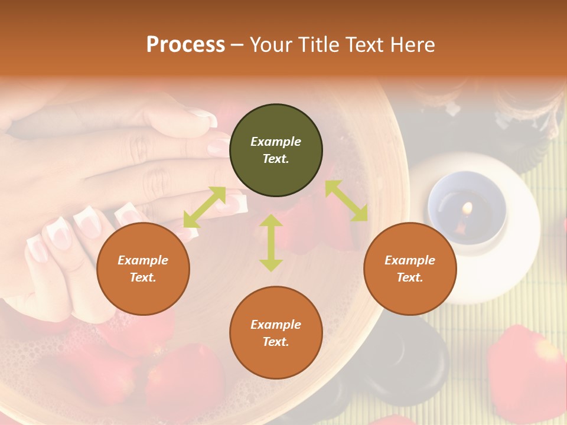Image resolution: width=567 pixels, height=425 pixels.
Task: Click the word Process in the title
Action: tap(185, 45)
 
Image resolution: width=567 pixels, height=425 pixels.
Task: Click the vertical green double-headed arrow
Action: tap(271, 243)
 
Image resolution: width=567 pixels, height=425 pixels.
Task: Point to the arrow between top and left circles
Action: tap(204, 207)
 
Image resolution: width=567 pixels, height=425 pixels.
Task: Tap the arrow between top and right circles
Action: tap(346, 201)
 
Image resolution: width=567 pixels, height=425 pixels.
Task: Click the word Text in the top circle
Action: tap(276, 159)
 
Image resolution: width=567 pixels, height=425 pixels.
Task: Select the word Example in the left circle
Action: tap(143, 260)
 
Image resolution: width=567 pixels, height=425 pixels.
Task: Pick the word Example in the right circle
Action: tap(410, 260)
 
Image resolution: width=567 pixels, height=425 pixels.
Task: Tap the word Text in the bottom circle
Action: tap(276, 342)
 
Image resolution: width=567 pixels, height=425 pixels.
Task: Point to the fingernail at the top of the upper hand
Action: tap(204, 118)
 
